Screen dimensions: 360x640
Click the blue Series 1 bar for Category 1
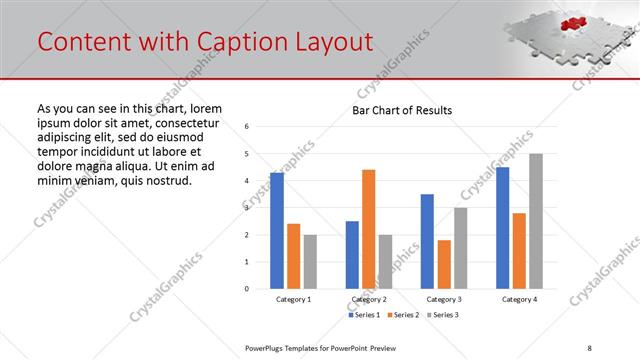point(277,231)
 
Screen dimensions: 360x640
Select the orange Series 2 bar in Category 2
point(369,229)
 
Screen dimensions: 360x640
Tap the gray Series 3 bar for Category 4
point(536,221)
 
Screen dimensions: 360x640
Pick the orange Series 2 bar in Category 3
point(444,264)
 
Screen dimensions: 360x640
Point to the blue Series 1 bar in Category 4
point(502,228)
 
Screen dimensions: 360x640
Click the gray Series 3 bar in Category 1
point(311,262)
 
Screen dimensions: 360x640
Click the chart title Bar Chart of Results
point(402,110)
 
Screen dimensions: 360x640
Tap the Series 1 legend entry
point(364,315)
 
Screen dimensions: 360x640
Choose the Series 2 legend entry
point(402,315)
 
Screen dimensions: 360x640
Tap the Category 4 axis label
point(519,299)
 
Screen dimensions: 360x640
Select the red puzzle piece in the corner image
point(571,23)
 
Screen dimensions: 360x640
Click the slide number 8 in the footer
point(589,347)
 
